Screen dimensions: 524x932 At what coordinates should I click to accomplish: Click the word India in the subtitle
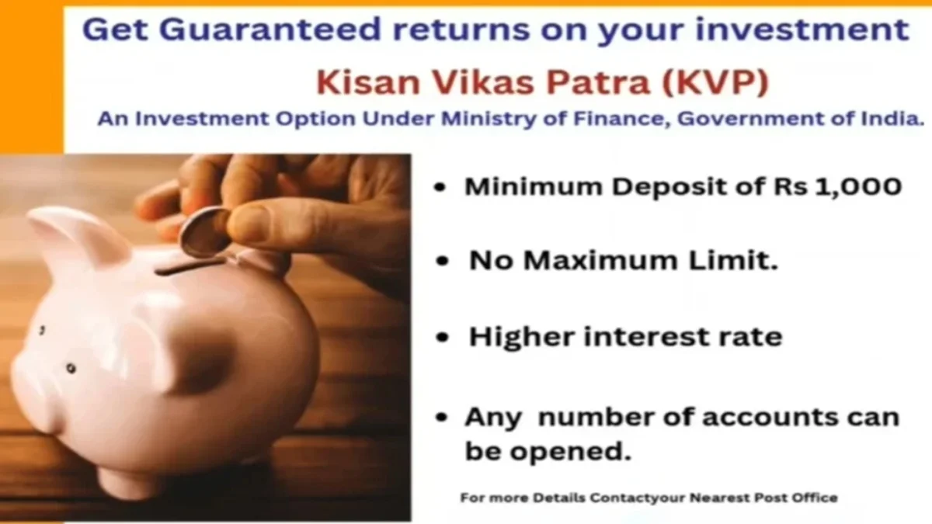[x=895, y=120]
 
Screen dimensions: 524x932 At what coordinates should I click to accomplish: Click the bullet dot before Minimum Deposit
[x=441, y=189]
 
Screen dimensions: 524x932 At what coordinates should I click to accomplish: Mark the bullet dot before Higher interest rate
[x=443, y=339]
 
